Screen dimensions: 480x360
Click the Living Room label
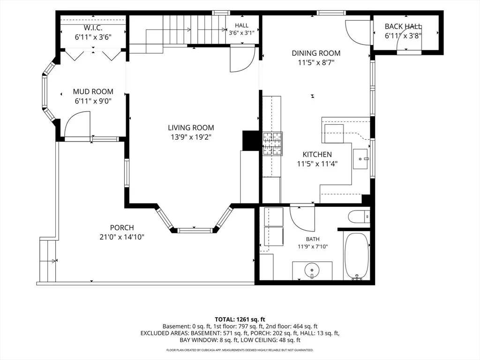pos(191,127)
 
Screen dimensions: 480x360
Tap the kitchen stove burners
pos(272,144)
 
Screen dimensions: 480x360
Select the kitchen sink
pos(360,159)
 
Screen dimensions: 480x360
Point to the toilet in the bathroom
pos(359,217)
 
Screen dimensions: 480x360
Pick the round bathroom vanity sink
pos(312,270)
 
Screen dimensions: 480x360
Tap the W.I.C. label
pos(93,28)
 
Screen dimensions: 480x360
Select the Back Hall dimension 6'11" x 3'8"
pos(403,36)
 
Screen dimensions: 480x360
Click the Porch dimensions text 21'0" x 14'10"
pos(122,237)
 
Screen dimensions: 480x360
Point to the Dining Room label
pos(316,53)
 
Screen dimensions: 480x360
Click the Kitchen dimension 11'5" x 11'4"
pos(317,164)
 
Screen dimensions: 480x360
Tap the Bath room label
pos(313,239)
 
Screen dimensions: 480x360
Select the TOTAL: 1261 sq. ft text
pos(240,320)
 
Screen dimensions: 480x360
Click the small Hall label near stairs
pos(241,25)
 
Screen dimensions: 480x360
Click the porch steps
pos(48,261)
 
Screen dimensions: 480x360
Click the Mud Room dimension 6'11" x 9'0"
pos(93,101)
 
